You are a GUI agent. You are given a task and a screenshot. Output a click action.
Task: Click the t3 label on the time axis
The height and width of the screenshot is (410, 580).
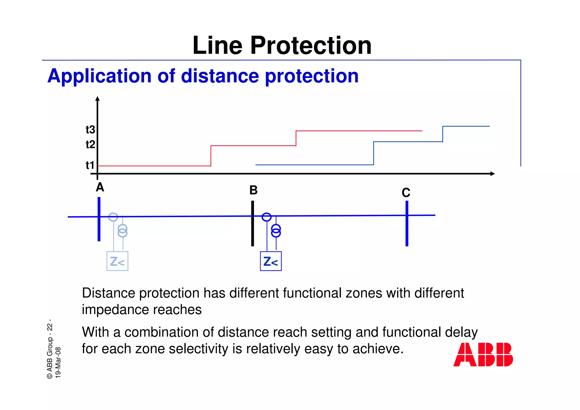click(x=90, y=130)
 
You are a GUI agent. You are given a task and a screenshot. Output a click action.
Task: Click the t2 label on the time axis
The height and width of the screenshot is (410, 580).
click(x=90, y=145)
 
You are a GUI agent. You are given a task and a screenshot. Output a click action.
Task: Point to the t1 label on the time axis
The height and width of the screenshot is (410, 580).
click(x=90, y=165)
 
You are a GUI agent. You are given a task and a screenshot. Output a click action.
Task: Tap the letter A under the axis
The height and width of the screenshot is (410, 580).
click(x=100, y=188)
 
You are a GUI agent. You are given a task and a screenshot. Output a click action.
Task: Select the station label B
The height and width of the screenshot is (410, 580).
click(x=253, y=190)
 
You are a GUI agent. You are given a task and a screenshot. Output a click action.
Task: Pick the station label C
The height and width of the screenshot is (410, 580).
click(x=406, y=193)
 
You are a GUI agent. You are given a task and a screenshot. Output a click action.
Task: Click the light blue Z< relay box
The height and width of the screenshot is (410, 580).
click(x=117, y=261)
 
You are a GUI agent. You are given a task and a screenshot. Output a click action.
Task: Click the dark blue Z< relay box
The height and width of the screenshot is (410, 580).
click(x=271, y=261)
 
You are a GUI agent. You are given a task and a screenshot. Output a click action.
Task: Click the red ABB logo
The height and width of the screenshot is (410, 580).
click(x=483, y=355)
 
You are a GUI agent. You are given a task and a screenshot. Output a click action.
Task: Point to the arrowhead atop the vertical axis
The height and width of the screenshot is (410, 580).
click(x=97, y=99)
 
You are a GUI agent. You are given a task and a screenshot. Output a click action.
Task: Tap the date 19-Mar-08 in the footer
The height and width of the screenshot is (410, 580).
click(x=58, y=362)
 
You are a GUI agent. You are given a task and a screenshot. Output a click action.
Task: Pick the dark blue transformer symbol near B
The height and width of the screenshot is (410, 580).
click(x=276, y=231)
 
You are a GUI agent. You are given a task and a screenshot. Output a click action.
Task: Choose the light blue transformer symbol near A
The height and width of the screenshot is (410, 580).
click(x=122, y=231)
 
